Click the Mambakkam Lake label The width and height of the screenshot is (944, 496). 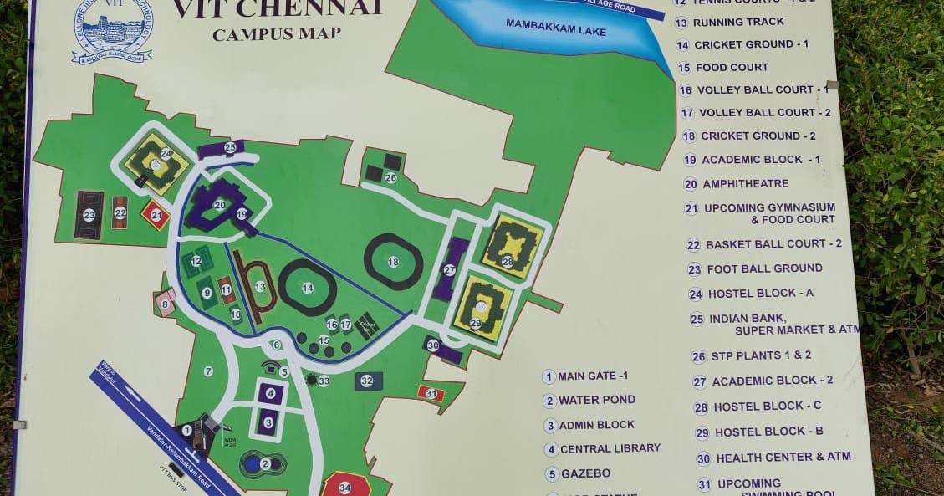tap(555, 28)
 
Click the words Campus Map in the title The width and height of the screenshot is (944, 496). tap(277, 34)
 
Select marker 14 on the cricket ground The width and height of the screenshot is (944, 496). tap(308, 288)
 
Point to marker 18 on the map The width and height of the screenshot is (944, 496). tap(393, 262)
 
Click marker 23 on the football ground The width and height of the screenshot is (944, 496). tap(89, 215)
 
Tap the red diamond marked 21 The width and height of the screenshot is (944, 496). tap(155, 214)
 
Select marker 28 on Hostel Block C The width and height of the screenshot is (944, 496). tap(508, 262)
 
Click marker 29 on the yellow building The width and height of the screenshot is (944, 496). tap(476, 323)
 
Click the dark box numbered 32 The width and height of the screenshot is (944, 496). tap(367, 381)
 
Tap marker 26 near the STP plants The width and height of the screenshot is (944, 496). tap(390, 177)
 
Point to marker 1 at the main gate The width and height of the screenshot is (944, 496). tap(187, 430)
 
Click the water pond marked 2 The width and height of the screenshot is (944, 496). tap(265, 463)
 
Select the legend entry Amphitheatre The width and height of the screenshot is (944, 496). tap(745, 184)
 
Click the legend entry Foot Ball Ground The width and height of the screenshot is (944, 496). tap(764, 268)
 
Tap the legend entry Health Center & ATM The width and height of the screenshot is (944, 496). tap(783, 457)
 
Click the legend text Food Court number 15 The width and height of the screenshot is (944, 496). tap(732, 67)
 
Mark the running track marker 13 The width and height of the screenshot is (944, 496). tap(260, 287)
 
